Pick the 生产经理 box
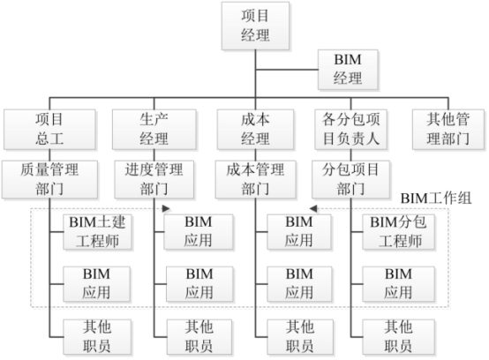153,129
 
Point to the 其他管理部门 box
449,129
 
